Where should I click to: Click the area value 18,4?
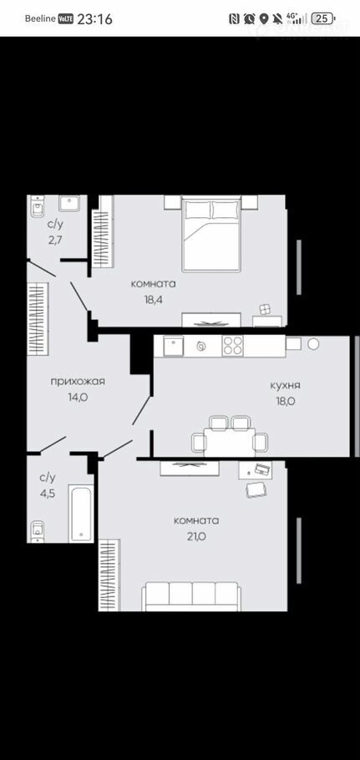point(153,300)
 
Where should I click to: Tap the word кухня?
point(286,386)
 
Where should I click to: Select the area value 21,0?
point(196,536)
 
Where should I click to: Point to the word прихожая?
point(78,382)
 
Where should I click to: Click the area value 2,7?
point(55,240)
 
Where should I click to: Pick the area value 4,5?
point(48,494)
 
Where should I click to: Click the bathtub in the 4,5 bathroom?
point(81,514)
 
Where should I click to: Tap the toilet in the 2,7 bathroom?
point(38,207)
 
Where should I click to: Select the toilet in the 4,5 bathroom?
point(38,532)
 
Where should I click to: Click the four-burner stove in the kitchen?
point(232,346)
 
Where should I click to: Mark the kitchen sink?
point(174,346)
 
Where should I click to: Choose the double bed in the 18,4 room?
point(211,233)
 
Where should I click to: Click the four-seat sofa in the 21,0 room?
point(191,596)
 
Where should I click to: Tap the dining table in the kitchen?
point(230,442)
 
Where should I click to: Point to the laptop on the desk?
point(262,469)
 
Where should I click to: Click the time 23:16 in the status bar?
point(95,19)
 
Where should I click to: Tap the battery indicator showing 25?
point(323,19)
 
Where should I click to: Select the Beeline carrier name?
point(40,19)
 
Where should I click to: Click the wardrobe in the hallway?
point(38,319)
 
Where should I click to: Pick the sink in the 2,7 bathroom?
point(68,203)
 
